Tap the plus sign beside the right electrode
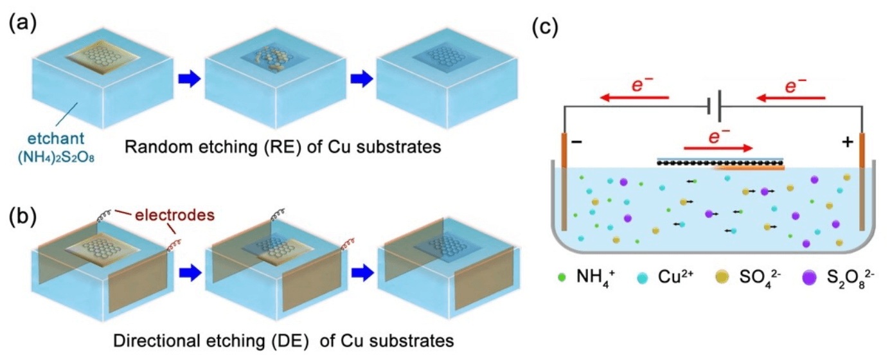(846, 143)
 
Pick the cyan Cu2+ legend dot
(643, 278)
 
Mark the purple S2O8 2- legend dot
(808, 278)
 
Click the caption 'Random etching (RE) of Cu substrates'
(282, 147)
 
